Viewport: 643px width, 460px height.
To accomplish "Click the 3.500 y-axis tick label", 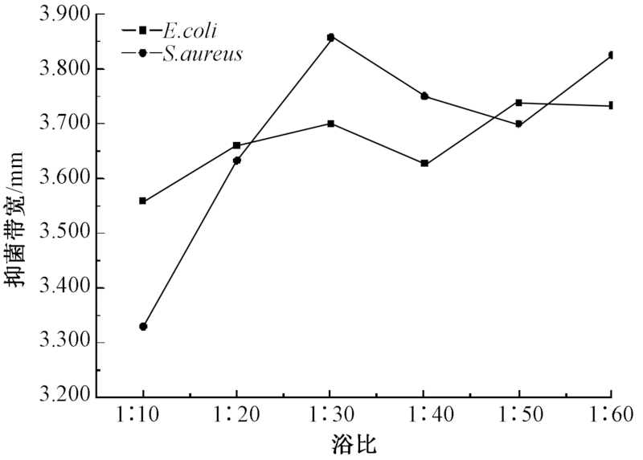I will pos(68,233).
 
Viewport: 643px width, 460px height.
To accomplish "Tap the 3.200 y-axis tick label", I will pos(68,397).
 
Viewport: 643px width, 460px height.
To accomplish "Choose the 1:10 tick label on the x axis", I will pos(143,417).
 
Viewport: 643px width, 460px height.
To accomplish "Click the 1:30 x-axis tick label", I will pos(330,417).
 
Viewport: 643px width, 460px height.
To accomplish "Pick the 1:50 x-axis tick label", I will pos(518,417).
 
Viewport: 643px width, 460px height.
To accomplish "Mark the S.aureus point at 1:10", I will pos(143,327).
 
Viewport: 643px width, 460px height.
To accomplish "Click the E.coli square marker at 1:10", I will pos(143,201).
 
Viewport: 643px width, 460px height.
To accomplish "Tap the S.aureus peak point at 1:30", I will pos(330,37).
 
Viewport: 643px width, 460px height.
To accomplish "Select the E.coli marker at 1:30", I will pos(330,124).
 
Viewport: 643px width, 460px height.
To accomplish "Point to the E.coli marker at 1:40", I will pos(424,164).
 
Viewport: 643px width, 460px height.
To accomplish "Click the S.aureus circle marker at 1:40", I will pos(424,96).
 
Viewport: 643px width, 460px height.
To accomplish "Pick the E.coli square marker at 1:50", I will pos(518,103).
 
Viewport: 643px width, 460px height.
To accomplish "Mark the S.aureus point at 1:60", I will pos(612,55).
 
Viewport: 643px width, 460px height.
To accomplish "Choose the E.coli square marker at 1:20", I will pos(236,145).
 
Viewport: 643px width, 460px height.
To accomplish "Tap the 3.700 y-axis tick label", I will pos(68,124).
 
